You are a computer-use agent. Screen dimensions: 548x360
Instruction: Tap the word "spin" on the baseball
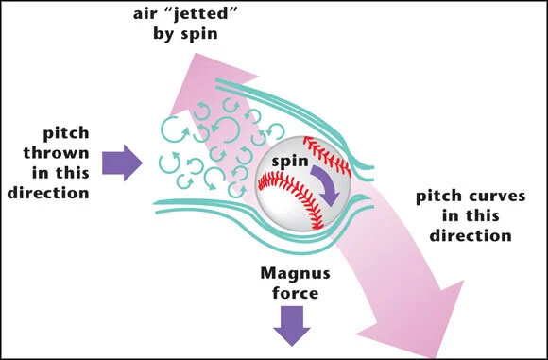coord(290,162)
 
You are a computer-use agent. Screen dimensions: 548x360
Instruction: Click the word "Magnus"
coord(296,273)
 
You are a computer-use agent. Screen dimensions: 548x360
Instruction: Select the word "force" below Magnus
coord(296,293)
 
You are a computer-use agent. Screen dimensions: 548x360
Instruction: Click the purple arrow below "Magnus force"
coord(292,325)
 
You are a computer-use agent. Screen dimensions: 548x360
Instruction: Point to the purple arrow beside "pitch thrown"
coord(122,163)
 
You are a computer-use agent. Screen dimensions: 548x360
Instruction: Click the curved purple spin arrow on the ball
coord(329,185)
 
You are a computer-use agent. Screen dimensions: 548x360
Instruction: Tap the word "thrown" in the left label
coord(57,153)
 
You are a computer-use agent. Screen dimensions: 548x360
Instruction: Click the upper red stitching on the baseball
coord(328,155)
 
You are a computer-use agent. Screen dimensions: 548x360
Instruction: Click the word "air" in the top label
coord(144,15)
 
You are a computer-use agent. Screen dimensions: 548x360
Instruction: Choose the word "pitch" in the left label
coord(66,133)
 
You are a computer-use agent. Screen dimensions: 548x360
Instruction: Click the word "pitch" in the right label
coord(441,197)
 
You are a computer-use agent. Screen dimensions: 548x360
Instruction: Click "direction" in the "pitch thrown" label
coord(48,193)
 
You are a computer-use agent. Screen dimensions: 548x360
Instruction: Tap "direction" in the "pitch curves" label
coord(471,235)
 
